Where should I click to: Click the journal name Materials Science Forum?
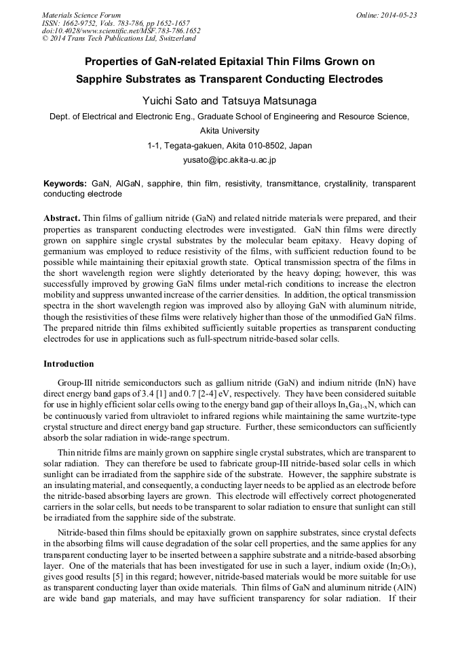(x=81, y=15)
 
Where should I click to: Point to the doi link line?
(x=121, y=31)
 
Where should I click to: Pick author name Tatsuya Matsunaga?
(x=269, y=100)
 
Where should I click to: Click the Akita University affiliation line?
(x=229, y=131)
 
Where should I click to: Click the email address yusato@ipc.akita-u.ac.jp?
(x=229, y=161)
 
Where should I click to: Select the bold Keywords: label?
(x=65, y=184)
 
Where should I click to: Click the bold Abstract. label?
(x=62, y=219)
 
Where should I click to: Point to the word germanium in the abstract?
(x=65, y=251)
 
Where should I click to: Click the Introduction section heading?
(x=69, y=364)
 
